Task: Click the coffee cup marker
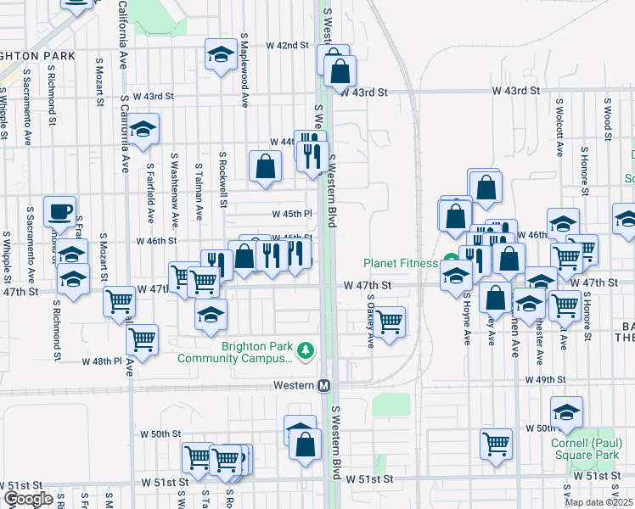tap(59, 210)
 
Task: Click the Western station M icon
tap(323, 385)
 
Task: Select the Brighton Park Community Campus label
tap(233, 352)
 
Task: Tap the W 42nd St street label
tap(286, 45)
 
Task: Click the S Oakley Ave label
tap(371, 321)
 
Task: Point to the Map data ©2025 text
tap(599, 502)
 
